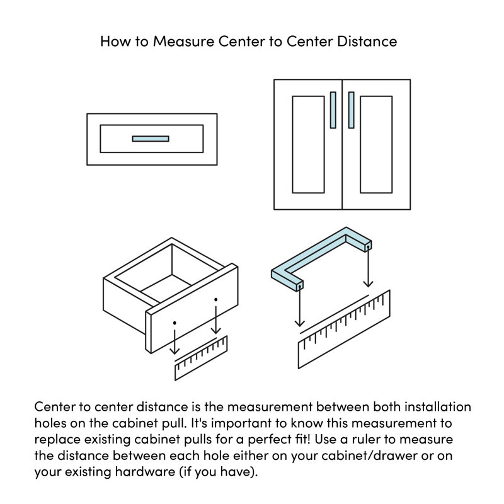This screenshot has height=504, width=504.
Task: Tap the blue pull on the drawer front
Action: pos(151,139)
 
